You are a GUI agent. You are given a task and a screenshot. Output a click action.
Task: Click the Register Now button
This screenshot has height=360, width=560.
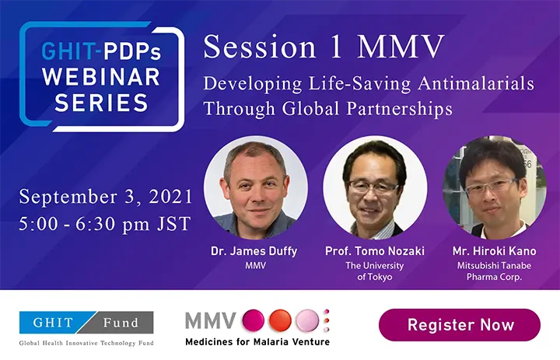(460, 325)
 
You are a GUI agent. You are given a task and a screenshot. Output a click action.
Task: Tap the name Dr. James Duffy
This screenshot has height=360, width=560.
(254, 251)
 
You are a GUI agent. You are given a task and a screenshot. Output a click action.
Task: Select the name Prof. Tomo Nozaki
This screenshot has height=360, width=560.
(375, 251)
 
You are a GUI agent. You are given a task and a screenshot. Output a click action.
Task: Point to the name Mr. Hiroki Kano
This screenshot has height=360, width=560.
(495, 251)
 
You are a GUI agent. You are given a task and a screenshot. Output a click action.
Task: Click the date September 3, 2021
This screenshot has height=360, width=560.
(106, 197)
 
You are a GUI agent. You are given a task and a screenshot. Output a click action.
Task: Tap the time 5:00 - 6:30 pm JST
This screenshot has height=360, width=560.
(105, 224)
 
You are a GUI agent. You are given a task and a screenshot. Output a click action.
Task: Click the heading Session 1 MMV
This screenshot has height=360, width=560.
(324, 47)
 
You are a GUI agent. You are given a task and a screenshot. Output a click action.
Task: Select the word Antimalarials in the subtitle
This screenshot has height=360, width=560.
(476, 83)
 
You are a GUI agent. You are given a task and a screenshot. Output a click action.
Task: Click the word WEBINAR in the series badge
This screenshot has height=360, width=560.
(101, 77)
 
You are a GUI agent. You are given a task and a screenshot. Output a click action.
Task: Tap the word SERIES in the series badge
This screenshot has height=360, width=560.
(101, 103)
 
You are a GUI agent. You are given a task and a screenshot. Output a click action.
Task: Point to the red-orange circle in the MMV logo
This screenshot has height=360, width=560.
(280, 320)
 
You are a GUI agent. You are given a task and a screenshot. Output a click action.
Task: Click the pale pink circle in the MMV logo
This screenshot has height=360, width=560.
(307, 320)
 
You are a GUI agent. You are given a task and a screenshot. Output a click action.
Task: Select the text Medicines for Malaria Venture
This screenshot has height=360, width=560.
(257, 342)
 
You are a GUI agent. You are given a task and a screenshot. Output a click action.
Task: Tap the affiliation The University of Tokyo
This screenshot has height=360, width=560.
(375, 271)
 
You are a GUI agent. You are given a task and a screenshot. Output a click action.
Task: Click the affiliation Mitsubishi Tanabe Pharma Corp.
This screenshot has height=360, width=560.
(495, 271)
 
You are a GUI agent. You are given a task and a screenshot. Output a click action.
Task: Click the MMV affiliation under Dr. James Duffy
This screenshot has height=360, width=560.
(255, 266)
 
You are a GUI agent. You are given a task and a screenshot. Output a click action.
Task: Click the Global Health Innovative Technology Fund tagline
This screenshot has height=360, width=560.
(86, 343)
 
